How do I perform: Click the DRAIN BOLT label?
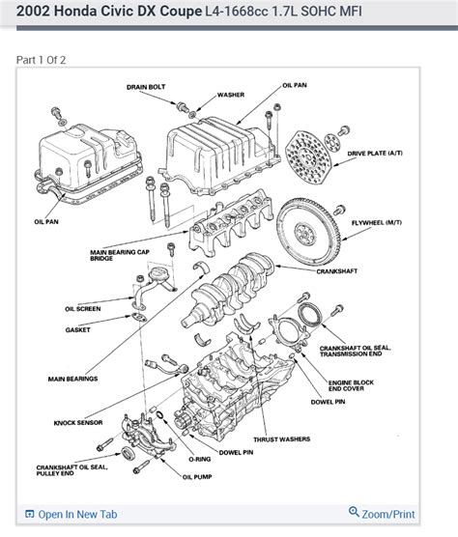(x=146, y=87)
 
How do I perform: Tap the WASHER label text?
(x=231, y=95)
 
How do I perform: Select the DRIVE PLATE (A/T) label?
(x=375, y=154)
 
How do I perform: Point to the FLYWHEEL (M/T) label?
(x=377, y=223)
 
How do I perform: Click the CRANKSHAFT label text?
(x=336, y=271)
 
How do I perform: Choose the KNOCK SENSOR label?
(x=78, y=423)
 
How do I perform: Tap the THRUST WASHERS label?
(x=281, y=439)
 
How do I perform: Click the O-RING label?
(x=200, y=460)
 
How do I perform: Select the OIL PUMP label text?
(x=197, y=477)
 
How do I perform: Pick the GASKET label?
(x=77, y=330)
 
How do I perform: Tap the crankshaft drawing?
(x=228, y=290)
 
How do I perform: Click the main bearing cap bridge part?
(x=231, y=222)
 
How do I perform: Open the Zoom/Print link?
(x=388, y=514)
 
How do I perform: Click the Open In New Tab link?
(x=77, y=514)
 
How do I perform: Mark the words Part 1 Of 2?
(x=41, y=60)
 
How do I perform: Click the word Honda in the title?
(x=75, y=12)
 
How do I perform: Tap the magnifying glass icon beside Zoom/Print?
(x=354, y=512)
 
